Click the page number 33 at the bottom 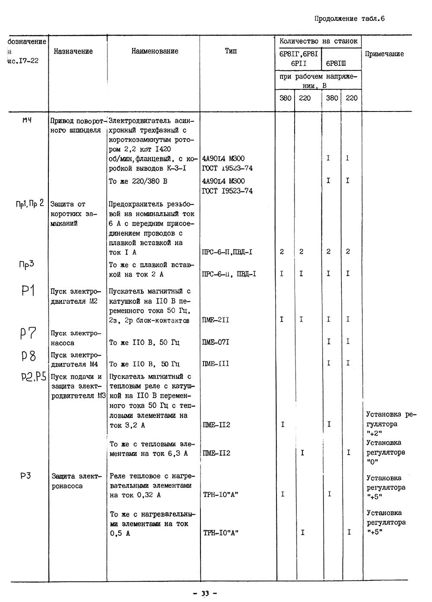tap(205, 593)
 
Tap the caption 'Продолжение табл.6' tap(349, 19)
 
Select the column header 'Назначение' tap(73, 51)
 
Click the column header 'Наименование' tap(155, 51)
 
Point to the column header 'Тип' tap(231, 51)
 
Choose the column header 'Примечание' tap(384, 54)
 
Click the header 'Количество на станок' tap(318, 41)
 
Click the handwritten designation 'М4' tap(27, 120)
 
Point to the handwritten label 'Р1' tap(28, 290)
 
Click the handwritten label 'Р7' tap(28, 333)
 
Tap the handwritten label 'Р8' tap(29, 356)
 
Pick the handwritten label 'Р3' tap(25, 476)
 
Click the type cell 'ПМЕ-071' tap(216, 342)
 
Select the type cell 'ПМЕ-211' tap(216, 320)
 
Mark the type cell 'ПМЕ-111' tap(216, 364)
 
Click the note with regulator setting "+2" tap(390, 424)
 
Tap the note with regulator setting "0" tap(386, 452)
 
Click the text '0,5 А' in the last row tap(120, 533)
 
